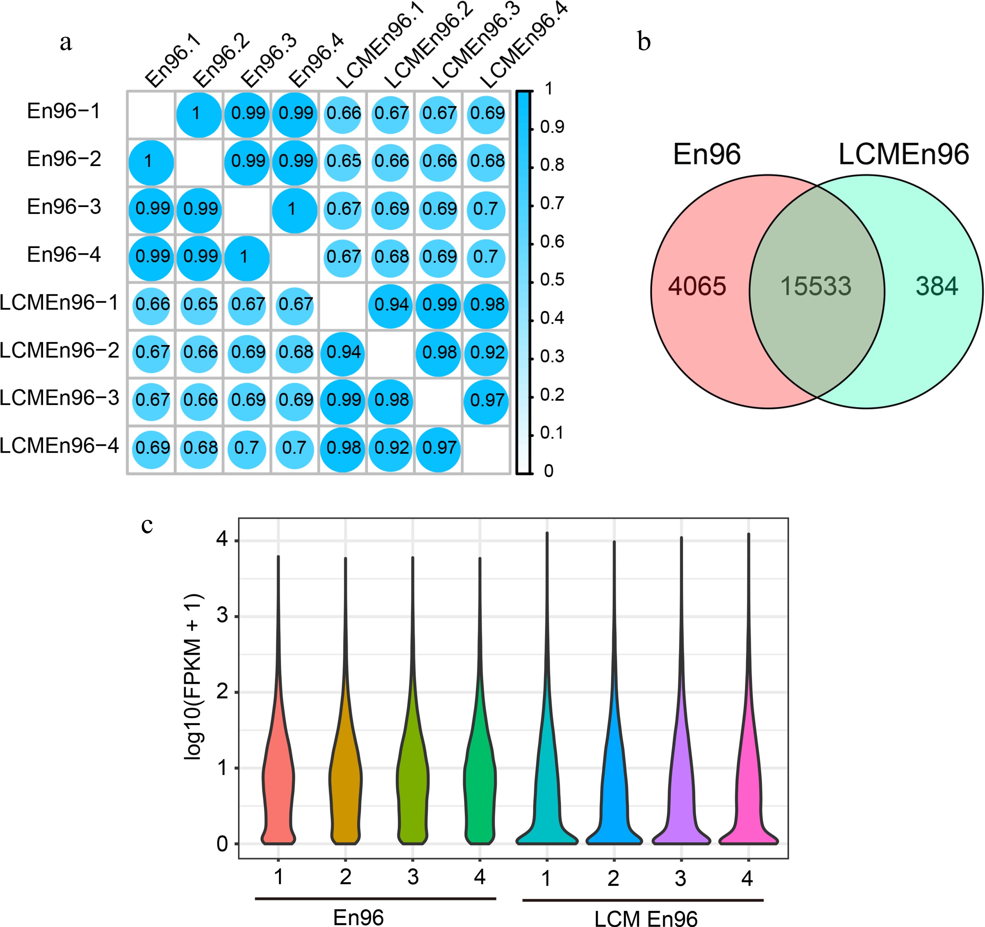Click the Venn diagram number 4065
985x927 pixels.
(697, 286)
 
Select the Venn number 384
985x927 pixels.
(936, 286)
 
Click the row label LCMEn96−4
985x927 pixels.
(59, 446)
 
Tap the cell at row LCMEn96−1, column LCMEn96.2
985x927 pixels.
(391, 305)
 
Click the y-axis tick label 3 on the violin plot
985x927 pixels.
(222, 616)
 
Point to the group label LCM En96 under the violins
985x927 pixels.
(645, 918)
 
